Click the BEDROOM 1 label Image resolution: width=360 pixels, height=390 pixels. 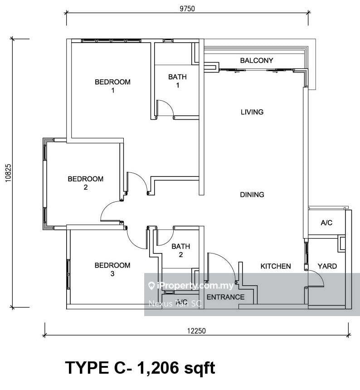(x=112, y=86)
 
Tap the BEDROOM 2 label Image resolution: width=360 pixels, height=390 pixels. (x=85, y=183)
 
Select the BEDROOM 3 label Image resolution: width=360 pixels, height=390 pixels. (x=112, y=269)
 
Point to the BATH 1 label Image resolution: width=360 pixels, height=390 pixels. (x=177, y=81)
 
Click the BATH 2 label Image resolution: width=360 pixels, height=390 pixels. (x=180, y=250)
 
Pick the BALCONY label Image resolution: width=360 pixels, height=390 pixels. (x=257, y=60)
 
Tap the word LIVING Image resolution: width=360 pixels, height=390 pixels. (x=252, y=112)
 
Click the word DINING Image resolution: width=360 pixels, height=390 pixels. (x=252, y=195)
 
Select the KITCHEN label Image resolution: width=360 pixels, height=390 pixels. (x=275, y=266)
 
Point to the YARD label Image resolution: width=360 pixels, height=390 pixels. (x=327, y=266)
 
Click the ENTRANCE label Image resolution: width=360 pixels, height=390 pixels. (x=225, y=297)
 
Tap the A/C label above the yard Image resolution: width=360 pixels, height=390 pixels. (x=326, y=223)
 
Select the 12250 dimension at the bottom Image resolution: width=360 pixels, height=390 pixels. (x=196, y=331)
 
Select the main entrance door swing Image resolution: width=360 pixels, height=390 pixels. (x=221, y=268)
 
